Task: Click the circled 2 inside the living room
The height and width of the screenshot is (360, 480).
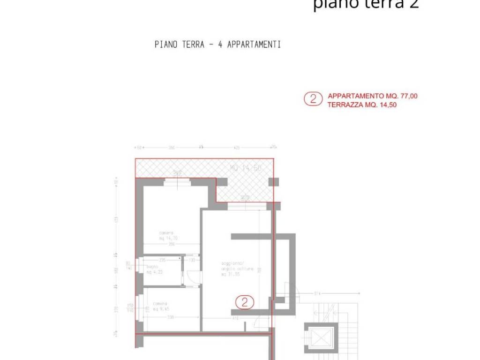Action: click(x=245, y=302)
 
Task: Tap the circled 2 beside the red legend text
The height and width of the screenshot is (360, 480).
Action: click(x=313, y=99)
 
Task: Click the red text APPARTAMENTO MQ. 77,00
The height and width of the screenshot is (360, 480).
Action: click(x=373, y=96)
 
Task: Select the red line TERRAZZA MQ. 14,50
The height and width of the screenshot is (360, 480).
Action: click(x=362, y=105)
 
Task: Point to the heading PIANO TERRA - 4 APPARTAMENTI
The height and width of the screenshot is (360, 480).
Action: click(x=217, y=45)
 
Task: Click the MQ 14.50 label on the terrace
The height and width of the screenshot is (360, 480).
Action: click(x=245, y=168)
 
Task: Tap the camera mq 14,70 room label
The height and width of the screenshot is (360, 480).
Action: click(x=167, y=236)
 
